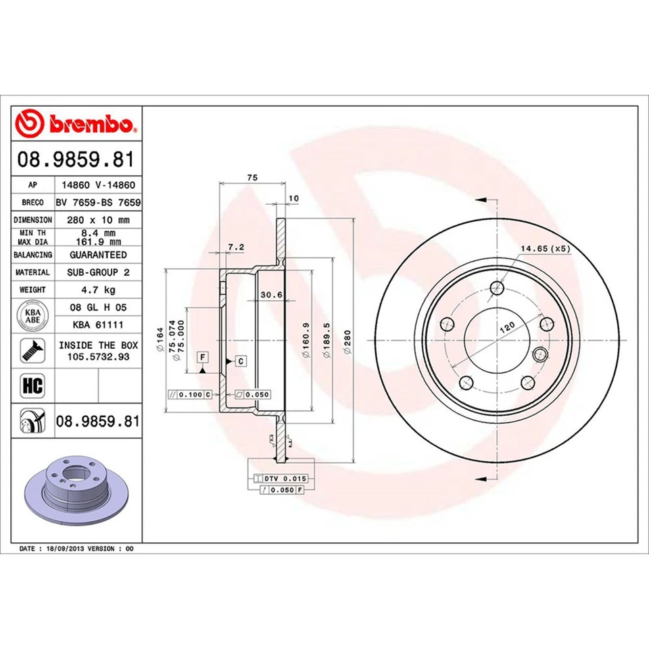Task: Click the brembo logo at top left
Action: tap(76, 124)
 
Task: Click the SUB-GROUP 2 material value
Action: tap(97, 272)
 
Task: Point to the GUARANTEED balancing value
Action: tap(97, 255)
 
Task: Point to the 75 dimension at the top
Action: tap(252, 177)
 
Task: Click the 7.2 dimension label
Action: tap(235, 247)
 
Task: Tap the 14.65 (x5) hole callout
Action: tap(545, 249)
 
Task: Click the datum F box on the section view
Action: tap(202, 356)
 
